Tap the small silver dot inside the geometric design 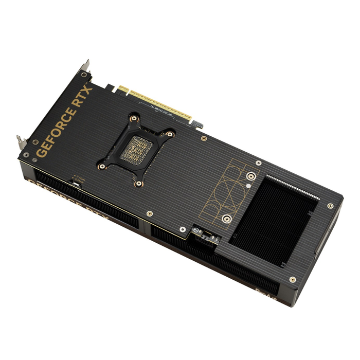pyautogui.click(x=248, y=184)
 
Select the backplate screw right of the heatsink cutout pyautogui.click(x=330, y=206)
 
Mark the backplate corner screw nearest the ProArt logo pyautogui.click(x=293, y=279)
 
